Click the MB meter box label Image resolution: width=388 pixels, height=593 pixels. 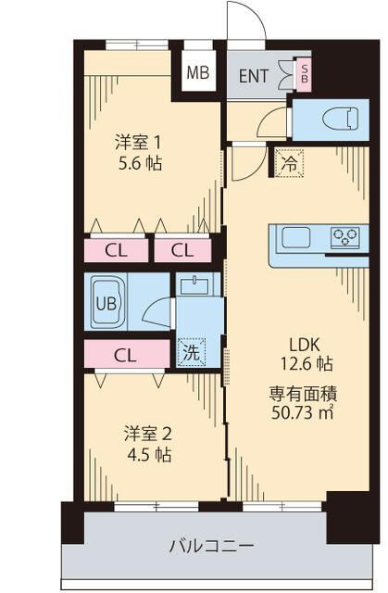[198, 72]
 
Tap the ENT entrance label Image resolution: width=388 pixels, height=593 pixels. [254, 76]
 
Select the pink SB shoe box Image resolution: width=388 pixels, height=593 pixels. [304, 74]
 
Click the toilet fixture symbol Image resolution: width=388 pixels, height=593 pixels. [341, 120]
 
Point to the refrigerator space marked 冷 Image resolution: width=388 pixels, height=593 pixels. [290, 163]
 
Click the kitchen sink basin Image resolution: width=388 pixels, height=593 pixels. [296, 237]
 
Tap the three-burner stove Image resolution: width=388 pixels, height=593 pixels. [344, 237]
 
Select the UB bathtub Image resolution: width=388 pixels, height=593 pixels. [106, 302]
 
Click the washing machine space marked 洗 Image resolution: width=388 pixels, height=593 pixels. [191, 352]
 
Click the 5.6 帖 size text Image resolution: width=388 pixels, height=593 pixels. [140, 164]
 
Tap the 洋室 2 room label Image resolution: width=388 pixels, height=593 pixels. [148, 434]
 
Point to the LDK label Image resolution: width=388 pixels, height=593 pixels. [305, 345]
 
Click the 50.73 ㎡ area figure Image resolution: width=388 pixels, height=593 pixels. [303, 412]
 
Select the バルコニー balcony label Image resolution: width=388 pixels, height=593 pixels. [211, 546]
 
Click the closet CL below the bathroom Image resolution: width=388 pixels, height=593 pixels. [127, 354]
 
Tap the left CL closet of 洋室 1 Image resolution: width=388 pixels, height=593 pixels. [116, 250]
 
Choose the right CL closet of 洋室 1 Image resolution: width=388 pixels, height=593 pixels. [182, 250]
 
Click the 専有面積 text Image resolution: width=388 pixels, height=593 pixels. [303, 394]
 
